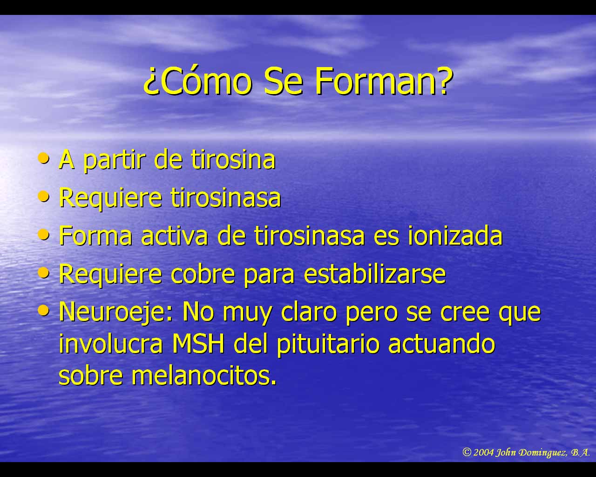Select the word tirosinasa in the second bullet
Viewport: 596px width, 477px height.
pos(226,198)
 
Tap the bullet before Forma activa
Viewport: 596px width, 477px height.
pos(44,235)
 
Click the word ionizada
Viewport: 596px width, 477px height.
pos(455,236)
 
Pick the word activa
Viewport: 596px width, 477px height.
pos(175,236)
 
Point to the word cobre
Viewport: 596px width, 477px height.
pos(203,274)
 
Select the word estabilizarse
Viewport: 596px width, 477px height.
pos(375,274)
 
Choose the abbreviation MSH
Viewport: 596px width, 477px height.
pos(198,344)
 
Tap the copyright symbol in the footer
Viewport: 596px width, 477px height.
pos(467,452)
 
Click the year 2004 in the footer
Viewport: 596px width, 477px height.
pos(484,453)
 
